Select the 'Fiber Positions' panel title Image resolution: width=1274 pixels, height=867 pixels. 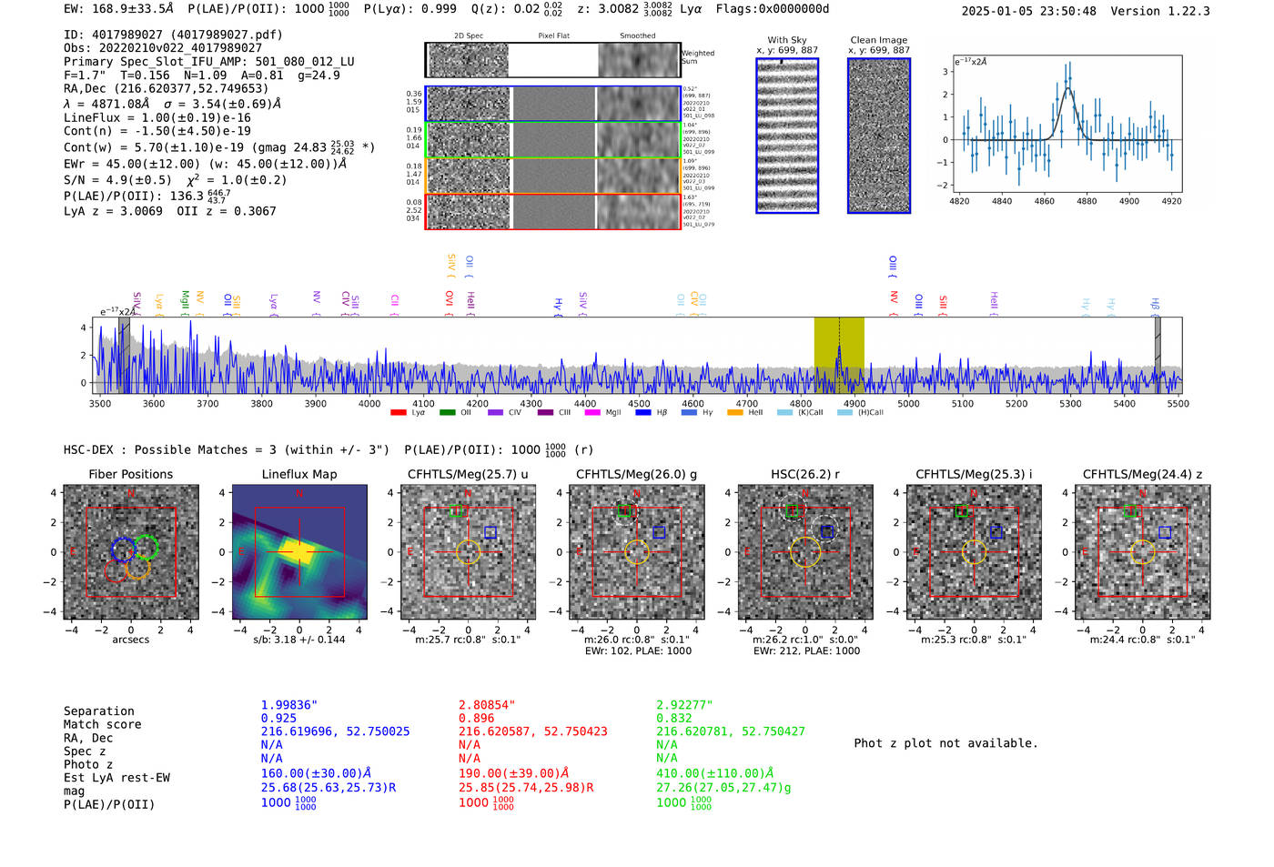click(130, 474)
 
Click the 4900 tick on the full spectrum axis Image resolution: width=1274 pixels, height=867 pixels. click(854, 404)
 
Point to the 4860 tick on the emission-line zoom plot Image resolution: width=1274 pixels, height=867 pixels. click(1044, 201)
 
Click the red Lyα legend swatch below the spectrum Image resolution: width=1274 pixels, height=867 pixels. click(398, 413)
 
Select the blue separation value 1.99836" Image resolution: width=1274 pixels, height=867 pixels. click(288, 705)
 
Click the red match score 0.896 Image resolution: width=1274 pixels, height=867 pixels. click(477, 718)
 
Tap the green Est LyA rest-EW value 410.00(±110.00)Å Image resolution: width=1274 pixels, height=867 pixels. click(714, 773)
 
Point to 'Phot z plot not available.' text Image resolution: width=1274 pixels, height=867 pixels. click(945, 743)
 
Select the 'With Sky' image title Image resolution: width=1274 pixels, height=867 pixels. click(786, 40)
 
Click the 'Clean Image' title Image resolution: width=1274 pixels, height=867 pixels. click(878, 40)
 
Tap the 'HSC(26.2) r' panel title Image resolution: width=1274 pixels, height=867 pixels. click(804, 474)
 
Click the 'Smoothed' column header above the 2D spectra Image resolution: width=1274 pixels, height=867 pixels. click(637, 36)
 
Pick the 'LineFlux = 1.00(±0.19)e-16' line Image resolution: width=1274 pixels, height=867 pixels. click(157, 117)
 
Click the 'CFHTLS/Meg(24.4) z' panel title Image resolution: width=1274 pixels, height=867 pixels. click(1142, 474)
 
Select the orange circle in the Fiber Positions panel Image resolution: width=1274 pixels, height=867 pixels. click(136, 567)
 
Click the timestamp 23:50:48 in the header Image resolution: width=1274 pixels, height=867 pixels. click(1066, 11)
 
